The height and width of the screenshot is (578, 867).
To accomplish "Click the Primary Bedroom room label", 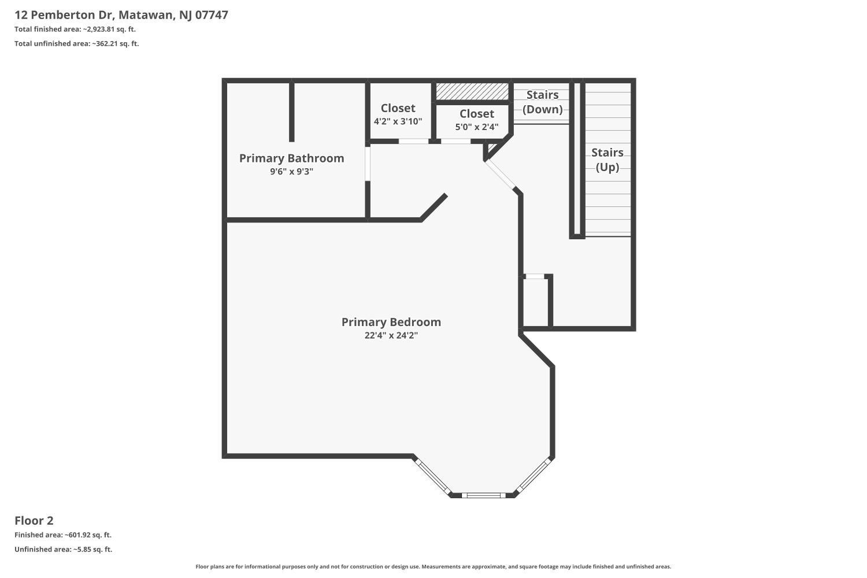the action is click(391, 322).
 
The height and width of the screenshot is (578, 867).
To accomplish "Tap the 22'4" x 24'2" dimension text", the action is click(391, 335).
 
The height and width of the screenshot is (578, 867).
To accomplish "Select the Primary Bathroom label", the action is click(291, 158).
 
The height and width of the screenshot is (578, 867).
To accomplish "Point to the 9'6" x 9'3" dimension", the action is click(291, 172).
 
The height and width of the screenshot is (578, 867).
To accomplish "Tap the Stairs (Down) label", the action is click(542, 102).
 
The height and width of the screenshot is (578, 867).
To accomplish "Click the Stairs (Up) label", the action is click(607, 160).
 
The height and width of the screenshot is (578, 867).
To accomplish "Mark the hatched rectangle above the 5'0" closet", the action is click(472, 91).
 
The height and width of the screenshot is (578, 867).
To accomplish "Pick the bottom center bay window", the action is click(483, 495).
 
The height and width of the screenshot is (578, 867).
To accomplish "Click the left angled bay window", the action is click(432, 477).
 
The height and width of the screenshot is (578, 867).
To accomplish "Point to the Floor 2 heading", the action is click(34, 521).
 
